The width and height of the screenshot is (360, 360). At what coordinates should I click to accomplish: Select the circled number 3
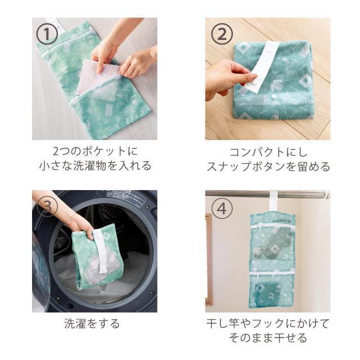pos(47,206)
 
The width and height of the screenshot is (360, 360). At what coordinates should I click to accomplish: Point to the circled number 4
pos(222,209)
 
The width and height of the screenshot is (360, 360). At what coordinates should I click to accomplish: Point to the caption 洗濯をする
pos(92,323)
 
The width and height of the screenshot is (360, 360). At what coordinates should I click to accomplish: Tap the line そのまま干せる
pos(268,337)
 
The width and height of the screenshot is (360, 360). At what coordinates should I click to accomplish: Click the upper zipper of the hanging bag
pos(272,226)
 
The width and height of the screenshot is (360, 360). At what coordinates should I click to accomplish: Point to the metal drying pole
pos(267,194)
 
